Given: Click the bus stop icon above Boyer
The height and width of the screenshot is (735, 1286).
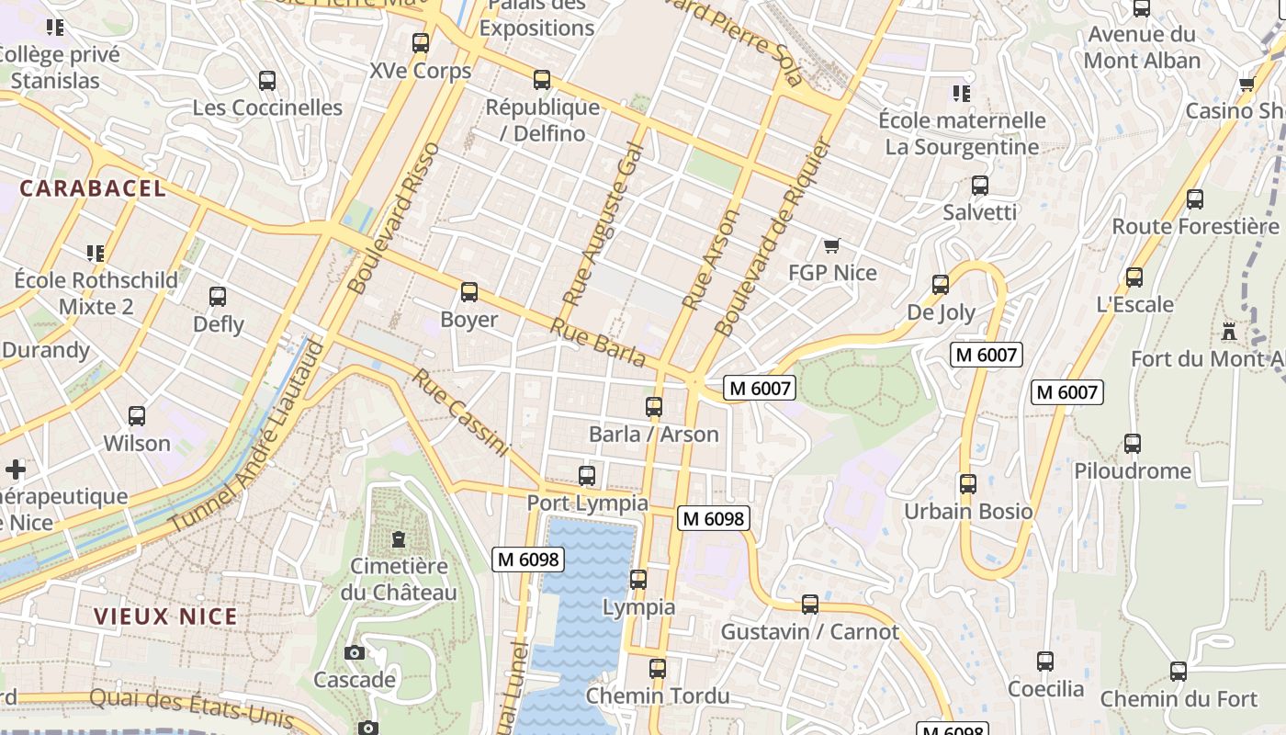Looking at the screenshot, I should pyautogui.click(x=469, y=292).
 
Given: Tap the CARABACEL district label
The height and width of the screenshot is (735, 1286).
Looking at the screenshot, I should pyautogui.click(x=93, y=188).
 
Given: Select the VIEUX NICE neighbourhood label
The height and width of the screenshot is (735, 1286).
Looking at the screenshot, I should pyautogui.click(x=165, y=616).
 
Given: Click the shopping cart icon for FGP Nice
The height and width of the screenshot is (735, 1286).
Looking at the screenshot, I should pyautogui.click(x=832, y=245).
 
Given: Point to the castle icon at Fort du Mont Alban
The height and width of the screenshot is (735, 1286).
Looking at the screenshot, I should pyautogui.click(x=1229, y=331).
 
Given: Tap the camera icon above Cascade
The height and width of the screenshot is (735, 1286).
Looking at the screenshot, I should pyautogui.click(x=354, y=652).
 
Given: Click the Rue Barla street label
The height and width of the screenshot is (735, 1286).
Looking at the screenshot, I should pyautogui.click(x=597, y=343).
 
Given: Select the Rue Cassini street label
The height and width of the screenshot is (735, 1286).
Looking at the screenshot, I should pyautogui.click(x=460, y=413).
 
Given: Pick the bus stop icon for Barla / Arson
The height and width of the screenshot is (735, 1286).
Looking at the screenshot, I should pyautogui.click(x=654, y=406).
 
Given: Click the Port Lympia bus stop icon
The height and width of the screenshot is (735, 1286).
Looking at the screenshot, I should pyautogui.click(x=587, y=476).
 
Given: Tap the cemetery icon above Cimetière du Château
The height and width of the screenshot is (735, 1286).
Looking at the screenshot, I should pyautogui.click(x=399, y=538).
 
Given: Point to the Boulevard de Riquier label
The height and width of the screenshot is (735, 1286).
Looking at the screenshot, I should pyautogui.click(x=773, y=237).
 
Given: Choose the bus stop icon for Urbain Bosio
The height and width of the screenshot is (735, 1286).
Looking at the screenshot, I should pyautogui.click(x=967, y=483).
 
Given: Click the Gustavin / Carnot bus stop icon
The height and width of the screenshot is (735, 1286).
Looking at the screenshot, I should pyautogui.click(x=809, y=604).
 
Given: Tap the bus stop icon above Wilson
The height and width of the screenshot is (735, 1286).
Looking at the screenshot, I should pyautogui.click(x=137, y=415).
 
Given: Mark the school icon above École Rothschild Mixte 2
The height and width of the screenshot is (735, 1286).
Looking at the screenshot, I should pyautogui.click(x=95, y=252).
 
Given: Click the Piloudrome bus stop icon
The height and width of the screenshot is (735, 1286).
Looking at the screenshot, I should pyautogui.click(x=1133, y=444).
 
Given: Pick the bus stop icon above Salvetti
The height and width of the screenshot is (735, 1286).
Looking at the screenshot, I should pyautogui.click(x=980, y=186).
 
